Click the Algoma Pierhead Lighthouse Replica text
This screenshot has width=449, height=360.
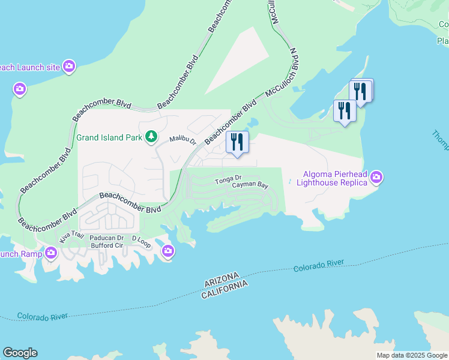(x=328, y=178)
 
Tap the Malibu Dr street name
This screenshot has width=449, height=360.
(x=182, y=139)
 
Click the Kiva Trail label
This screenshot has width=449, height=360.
(x=71, y=237)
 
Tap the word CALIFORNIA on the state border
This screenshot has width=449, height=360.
(x=224, y=289)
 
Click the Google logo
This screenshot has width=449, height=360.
(x=20, y=353)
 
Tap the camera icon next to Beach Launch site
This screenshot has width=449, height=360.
(x=69, y=67)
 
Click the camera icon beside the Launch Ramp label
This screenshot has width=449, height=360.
(x=50, y=253)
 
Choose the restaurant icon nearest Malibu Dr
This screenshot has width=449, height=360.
(x=237, y=142)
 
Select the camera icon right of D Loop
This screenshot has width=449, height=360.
(x=168, y=253)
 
